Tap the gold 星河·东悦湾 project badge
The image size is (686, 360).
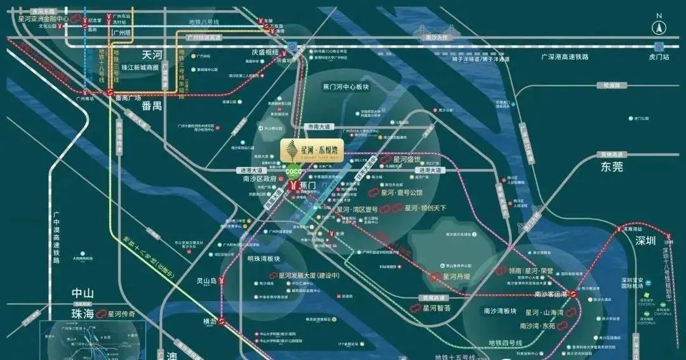click(312, 150)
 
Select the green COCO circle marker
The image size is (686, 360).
click(293, 171)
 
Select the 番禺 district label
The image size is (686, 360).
click(152, 105)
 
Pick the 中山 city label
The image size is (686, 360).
click(83, 293)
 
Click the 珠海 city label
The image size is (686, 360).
click(83, 314)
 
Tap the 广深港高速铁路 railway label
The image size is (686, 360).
click(565, 57)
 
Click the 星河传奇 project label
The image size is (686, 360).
click(121, 314)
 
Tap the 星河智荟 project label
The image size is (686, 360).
click(436, 308)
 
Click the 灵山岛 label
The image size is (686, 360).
click(206, 281)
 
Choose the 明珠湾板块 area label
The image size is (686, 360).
click(264, 259)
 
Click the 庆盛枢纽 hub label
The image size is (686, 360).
click(265, 53)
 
